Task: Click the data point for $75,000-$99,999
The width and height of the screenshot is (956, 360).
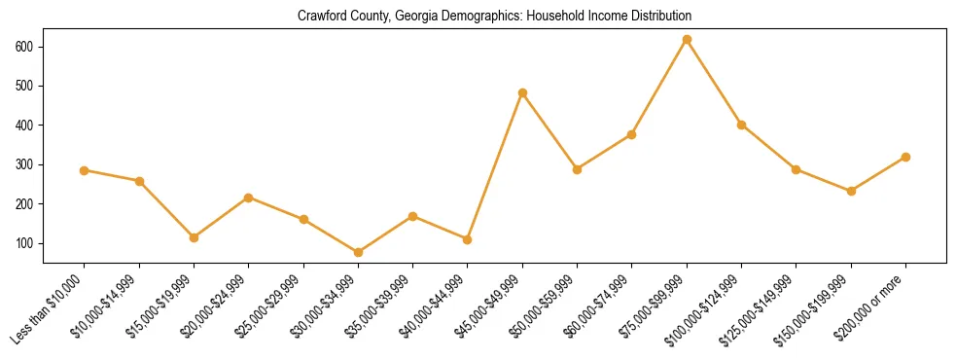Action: [x=687, y=40]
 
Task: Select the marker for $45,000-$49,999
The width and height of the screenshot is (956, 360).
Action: [x=522, y=93]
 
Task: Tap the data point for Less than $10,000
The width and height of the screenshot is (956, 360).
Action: [x=85, y=170]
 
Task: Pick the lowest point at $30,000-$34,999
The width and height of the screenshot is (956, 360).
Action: [x=359, y=253]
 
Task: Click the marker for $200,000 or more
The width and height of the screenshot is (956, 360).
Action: [x=905, y=157]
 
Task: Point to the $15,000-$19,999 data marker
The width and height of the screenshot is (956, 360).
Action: [x=195, y=237]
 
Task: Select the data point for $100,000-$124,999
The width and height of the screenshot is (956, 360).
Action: [x=741, y=125]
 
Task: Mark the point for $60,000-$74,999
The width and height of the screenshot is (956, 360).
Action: [x=632, y=134]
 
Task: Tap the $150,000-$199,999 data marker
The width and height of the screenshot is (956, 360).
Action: [x=851, y=191]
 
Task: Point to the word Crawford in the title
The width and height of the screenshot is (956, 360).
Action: [x=329, y=17]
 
